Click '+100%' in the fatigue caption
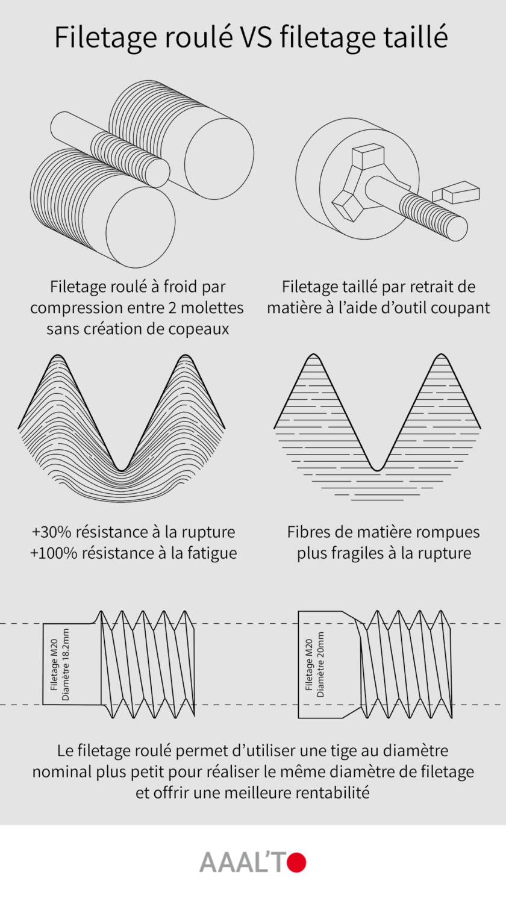coord(54,553)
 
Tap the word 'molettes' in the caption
coord(213,308)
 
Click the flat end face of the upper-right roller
coord(218,152)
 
